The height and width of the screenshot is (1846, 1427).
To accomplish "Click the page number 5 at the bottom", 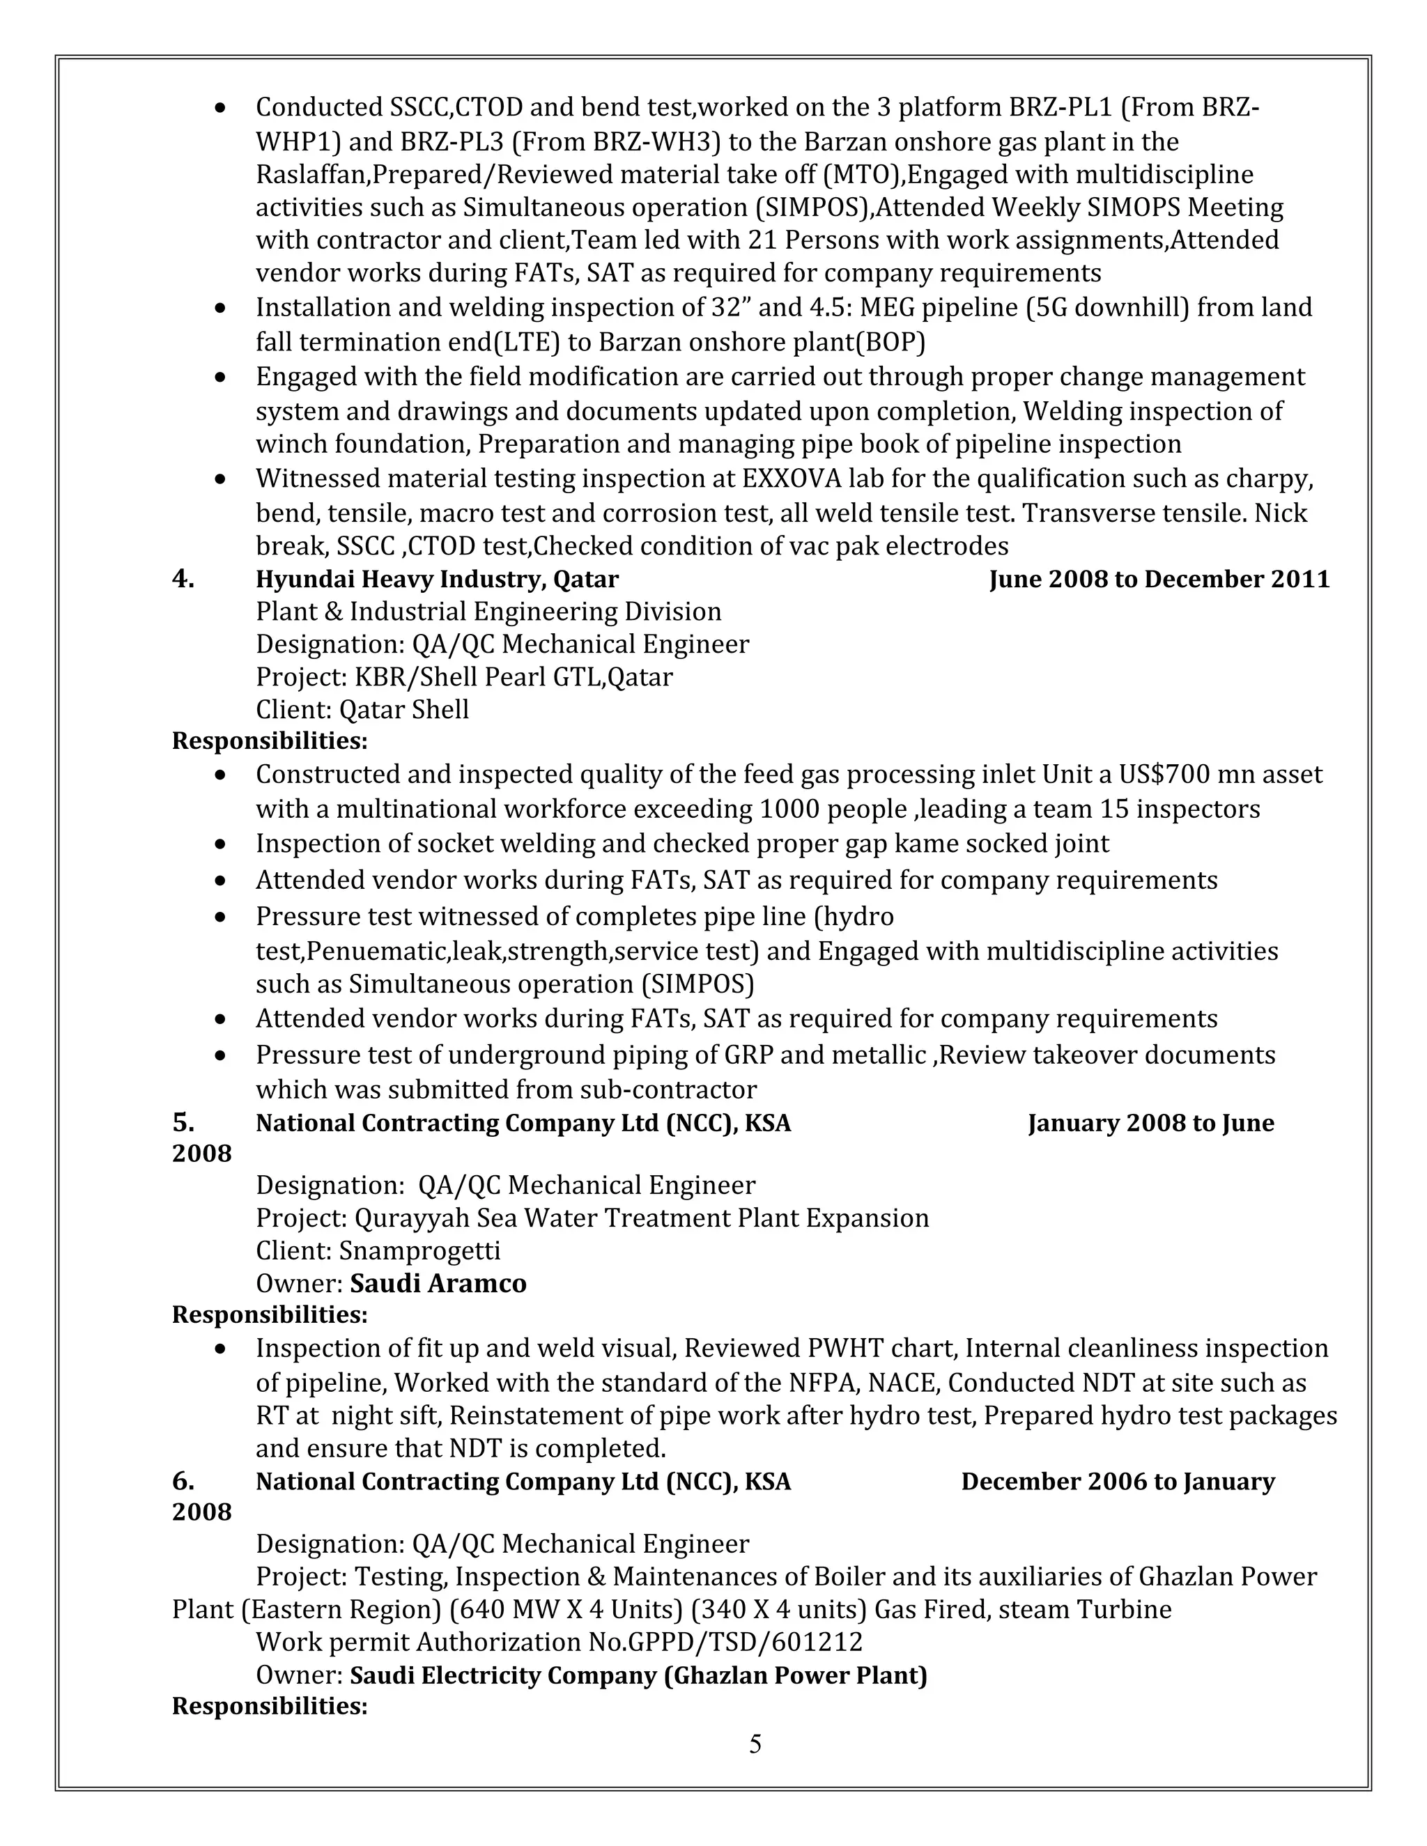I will click(755, 1744).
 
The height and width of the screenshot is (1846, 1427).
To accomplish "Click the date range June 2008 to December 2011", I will click(1159, 579).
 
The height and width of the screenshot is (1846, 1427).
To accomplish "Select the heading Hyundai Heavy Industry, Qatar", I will click(437, 579).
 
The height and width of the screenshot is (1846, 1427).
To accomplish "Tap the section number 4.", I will click(183, 579).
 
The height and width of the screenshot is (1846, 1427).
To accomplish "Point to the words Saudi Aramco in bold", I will click(438, 1283).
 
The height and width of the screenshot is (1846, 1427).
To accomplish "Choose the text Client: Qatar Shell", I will click(362, 709).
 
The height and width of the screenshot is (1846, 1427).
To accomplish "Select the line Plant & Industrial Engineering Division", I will click(488, 611).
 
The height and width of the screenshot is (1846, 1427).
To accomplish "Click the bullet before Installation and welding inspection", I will click(221, 309).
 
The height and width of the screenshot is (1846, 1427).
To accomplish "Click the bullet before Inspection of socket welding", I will click(221, 844).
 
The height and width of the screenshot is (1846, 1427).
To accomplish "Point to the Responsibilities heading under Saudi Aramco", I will click(270, 1315).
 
